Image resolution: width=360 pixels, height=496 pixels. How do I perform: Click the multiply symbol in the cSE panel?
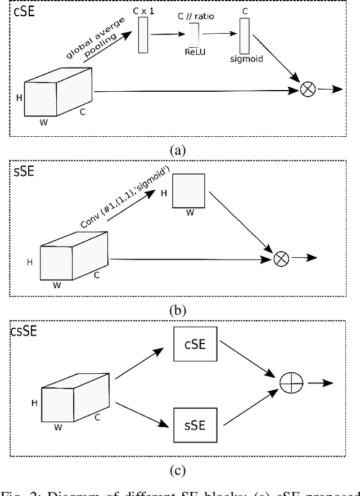(307, 89)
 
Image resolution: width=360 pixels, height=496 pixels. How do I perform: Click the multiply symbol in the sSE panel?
(281, 258)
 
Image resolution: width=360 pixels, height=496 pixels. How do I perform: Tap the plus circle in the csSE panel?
(291, 383)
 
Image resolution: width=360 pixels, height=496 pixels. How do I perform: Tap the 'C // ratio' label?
(196, 17)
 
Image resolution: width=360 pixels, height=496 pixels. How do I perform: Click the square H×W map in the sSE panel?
(189, 191)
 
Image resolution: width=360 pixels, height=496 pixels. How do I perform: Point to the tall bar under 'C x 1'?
(142, 35)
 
